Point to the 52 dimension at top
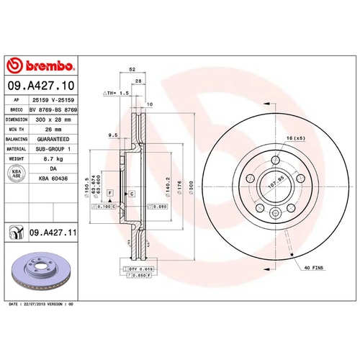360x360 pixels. (x=132, y=69)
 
